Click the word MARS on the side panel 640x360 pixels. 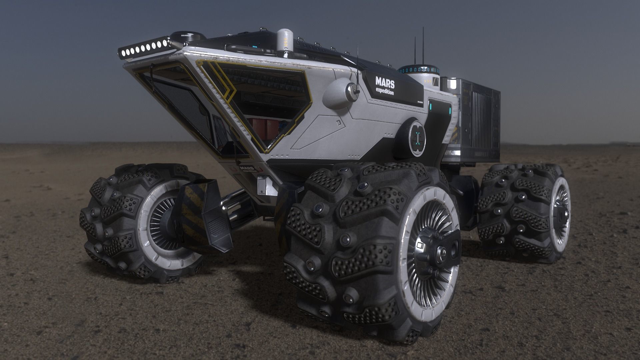[x=385, y=81]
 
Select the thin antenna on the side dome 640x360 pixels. [x=357, y=67]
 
